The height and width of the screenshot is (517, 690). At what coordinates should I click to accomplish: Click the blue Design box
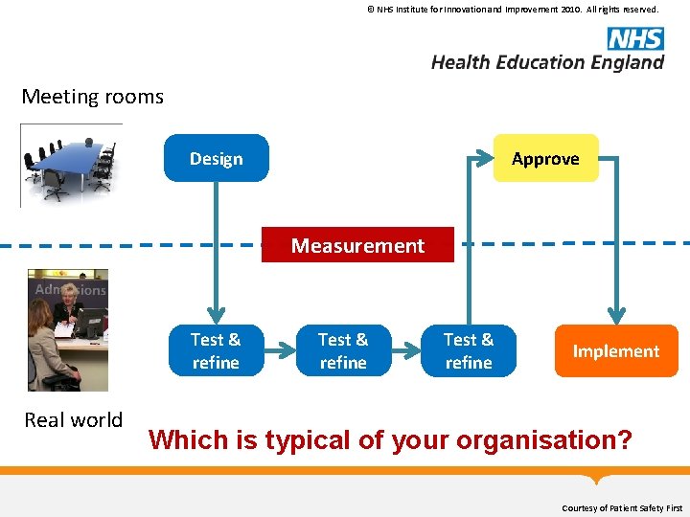217,159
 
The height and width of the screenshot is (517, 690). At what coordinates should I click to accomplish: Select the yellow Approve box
545,159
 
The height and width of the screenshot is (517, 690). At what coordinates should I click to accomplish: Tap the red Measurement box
357,246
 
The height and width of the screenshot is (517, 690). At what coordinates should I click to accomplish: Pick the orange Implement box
616,351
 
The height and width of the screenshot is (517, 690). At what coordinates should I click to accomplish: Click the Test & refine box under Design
216,351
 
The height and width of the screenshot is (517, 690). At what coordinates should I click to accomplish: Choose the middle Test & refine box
343,351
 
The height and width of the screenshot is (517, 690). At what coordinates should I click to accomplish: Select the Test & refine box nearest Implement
469,351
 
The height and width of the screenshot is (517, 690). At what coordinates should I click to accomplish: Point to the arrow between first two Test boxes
279,351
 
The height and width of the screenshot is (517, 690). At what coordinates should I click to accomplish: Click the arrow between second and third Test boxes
405,351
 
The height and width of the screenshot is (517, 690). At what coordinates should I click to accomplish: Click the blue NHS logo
635,38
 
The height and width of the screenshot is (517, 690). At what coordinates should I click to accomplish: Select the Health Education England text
547,62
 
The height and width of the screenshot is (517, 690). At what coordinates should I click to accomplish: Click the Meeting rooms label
93,97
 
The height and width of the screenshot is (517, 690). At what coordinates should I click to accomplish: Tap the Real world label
74,420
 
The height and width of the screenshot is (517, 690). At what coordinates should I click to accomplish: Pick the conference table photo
71,165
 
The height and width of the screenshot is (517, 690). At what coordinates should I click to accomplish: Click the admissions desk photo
67,330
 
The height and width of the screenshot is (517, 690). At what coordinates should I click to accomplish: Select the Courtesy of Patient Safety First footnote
622,507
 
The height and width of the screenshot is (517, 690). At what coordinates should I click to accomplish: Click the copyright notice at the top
513,10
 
